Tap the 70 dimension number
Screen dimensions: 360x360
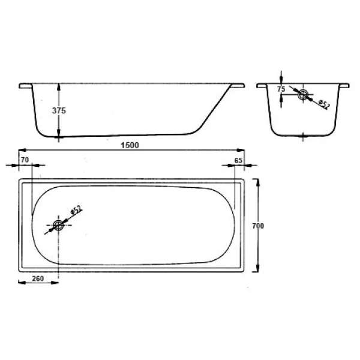click(x=25, y=160)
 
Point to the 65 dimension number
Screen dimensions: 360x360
click(x=239, y=160)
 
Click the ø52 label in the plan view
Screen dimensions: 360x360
click(x=76, y=212)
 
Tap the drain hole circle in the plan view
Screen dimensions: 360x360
click(x=58, y=226)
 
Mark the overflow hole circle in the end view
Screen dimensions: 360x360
click(x=304, y=94)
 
